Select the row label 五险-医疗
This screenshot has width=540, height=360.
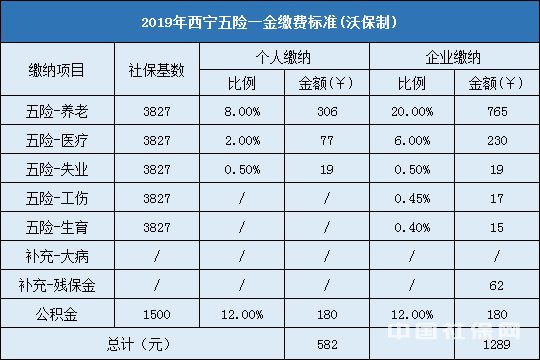point(57,142)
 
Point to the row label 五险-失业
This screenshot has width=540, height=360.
point(57,169)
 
